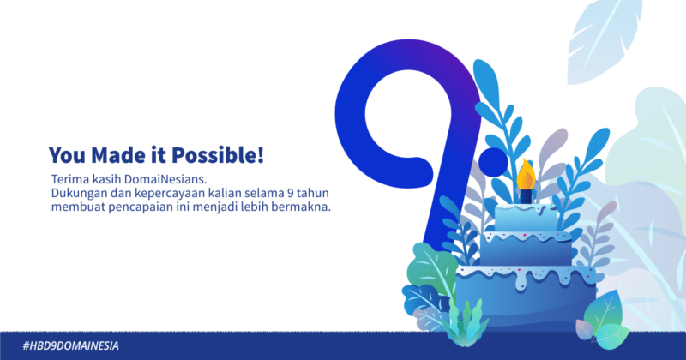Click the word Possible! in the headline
[218, 155]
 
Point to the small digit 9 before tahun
[290, 193]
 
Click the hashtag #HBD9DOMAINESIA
[71, 346]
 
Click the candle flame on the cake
[526, 174]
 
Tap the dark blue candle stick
[526, 196]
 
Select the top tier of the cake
[526, 218]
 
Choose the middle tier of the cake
[526, 248]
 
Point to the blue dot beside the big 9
[494, 162]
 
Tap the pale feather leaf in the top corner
[605, 40]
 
